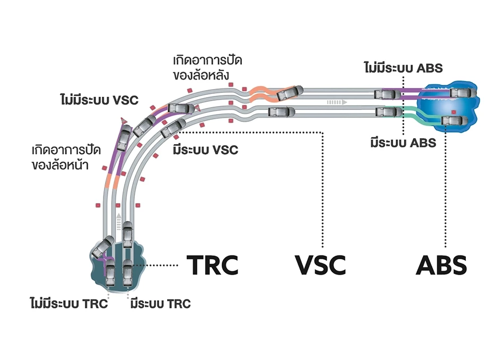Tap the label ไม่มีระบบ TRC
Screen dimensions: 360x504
pos(69,305)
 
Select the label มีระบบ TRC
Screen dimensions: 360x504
pos(160,305)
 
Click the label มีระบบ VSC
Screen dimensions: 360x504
pos(205,150)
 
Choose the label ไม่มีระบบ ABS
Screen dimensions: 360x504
pos(403,68)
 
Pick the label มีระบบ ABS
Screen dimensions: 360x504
pos(403,142)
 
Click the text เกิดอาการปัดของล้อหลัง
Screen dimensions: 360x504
pos(203,67)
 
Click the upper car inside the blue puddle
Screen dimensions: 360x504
pos(459,93)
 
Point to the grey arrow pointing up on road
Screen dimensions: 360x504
pos(119,218)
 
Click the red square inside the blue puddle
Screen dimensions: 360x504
pos(454,112)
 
